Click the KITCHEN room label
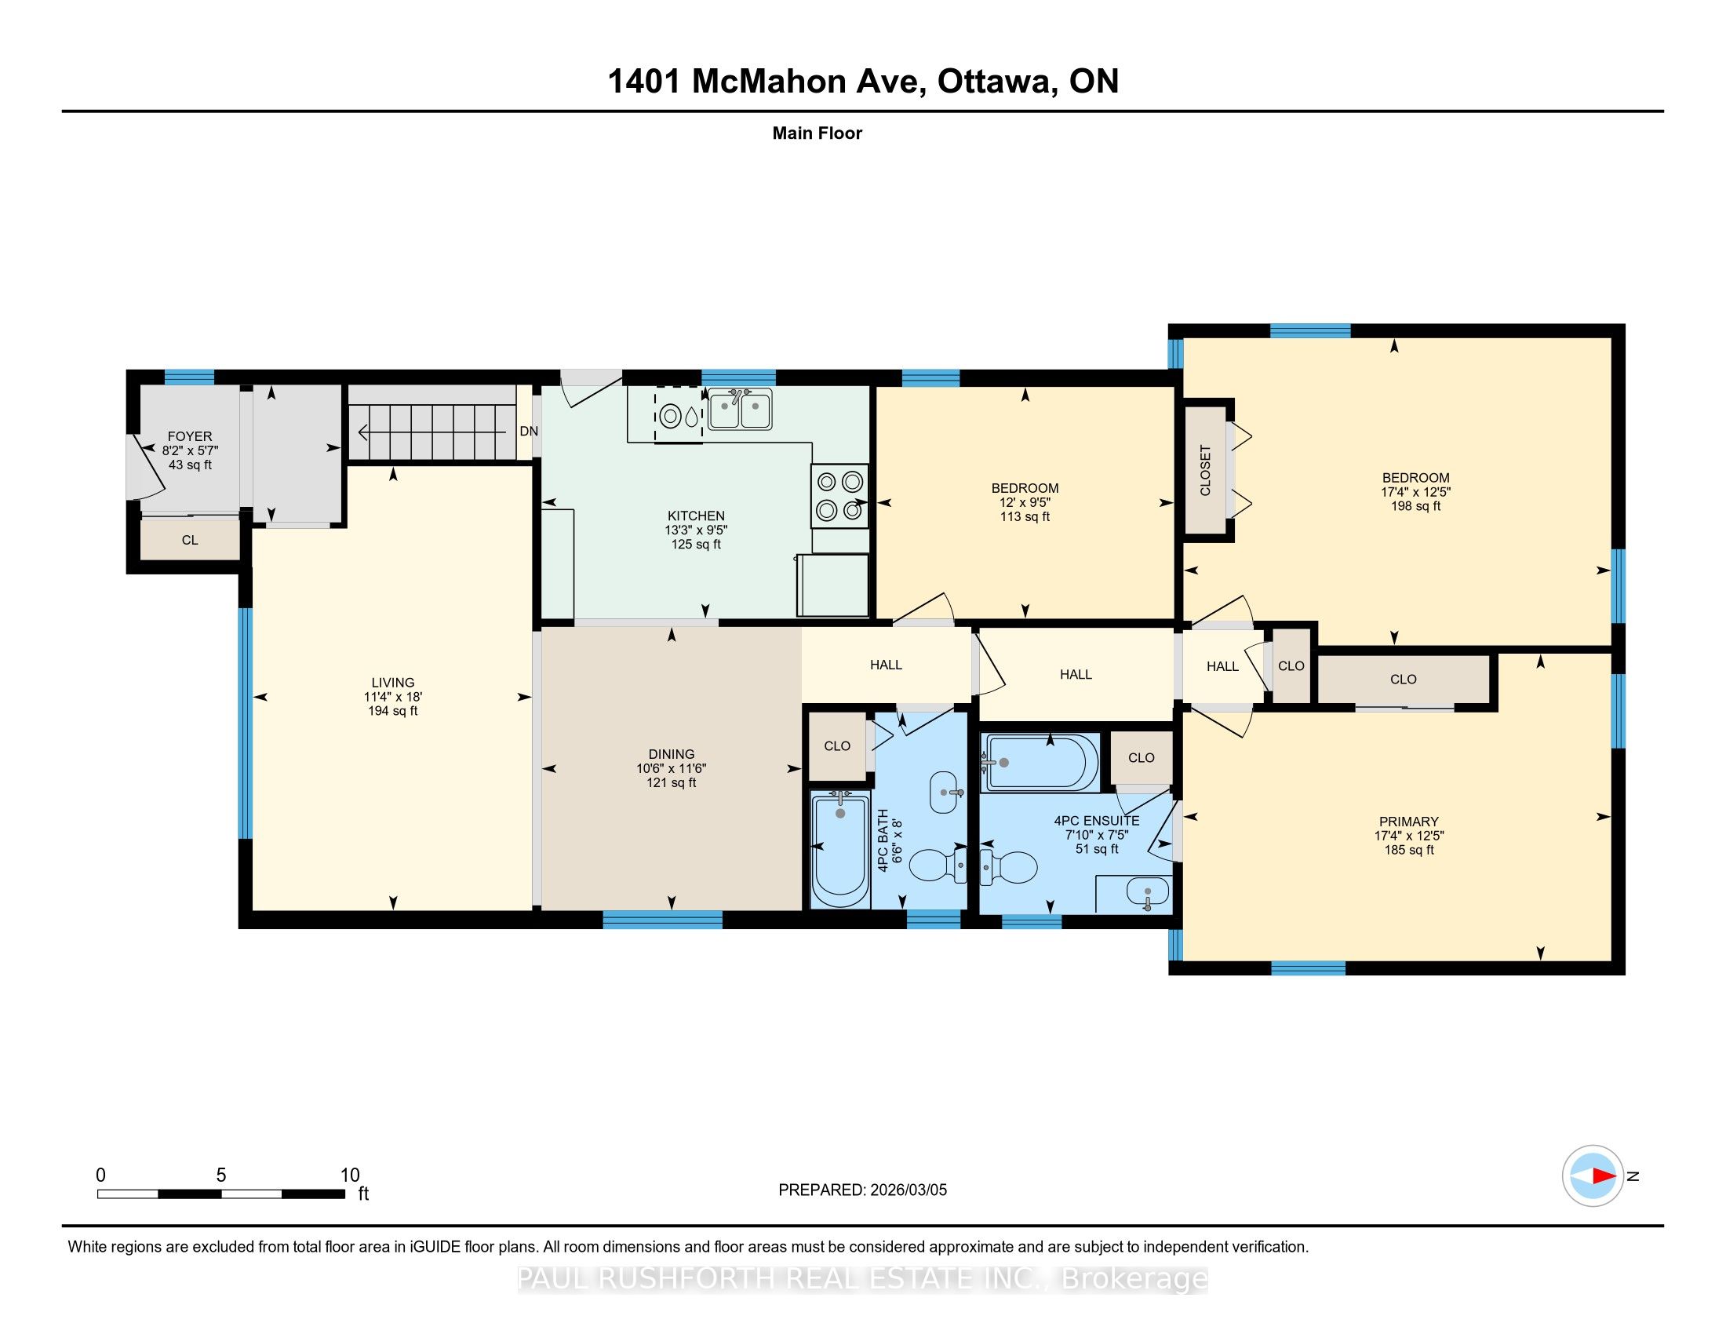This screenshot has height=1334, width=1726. [695, 516]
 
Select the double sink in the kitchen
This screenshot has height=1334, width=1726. [740, 410]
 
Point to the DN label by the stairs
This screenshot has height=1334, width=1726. [529, 431]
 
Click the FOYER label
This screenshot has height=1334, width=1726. [190, 436]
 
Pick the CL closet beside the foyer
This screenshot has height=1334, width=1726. [190, 541]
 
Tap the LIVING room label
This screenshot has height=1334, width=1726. [393, 682]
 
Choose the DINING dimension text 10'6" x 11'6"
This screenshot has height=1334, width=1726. [672, 768]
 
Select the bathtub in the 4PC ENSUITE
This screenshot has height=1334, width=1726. [1040, 763]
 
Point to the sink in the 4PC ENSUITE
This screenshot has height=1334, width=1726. [1146, 894]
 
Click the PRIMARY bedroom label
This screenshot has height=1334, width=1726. [1409, 821]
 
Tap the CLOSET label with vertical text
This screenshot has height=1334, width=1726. [1205, 470]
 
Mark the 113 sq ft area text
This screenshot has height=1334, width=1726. [1025, 517]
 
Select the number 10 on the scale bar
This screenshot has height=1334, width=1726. [349, 1175]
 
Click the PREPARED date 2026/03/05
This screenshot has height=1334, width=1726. [907, 1190]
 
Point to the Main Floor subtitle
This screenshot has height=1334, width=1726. [817, 133]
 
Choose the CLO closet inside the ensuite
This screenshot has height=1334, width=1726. [1142, 757]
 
